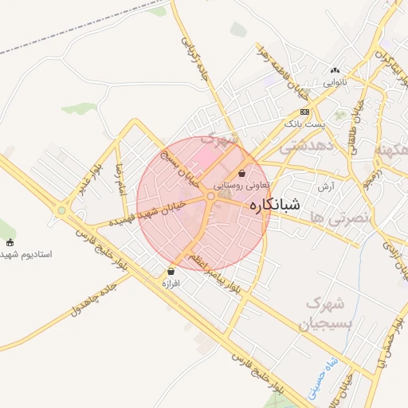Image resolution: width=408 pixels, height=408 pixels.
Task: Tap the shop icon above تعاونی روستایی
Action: point(241,173)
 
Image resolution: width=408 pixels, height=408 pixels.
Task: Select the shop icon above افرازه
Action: point(171,271)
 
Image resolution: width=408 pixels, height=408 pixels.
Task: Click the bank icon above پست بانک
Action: point(304,112)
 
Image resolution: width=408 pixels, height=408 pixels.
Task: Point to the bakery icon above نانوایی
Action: point(335,70)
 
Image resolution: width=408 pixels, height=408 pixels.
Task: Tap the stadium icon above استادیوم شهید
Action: point(10,242)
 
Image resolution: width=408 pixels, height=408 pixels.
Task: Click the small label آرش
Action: point(325,186)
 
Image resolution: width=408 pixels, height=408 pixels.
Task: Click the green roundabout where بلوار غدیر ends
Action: point(61,210)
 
